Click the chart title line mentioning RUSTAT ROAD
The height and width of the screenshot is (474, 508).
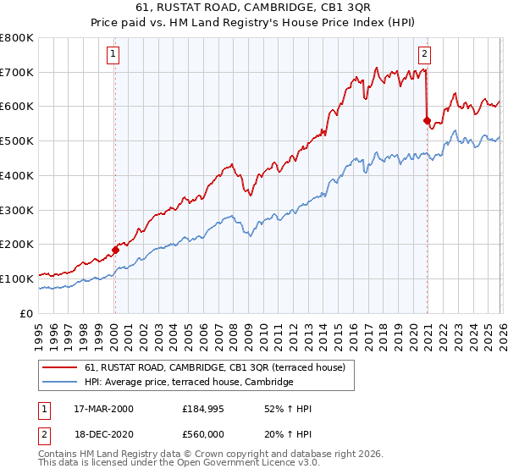253,8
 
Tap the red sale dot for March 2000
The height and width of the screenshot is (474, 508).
115,250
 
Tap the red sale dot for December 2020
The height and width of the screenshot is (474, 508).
427,120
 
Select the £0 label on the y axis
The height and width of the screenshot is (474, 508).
28,313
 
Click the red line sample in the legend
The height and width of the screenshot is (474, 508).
59,368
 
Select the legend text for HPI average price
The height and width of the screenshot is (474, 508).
188,383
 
